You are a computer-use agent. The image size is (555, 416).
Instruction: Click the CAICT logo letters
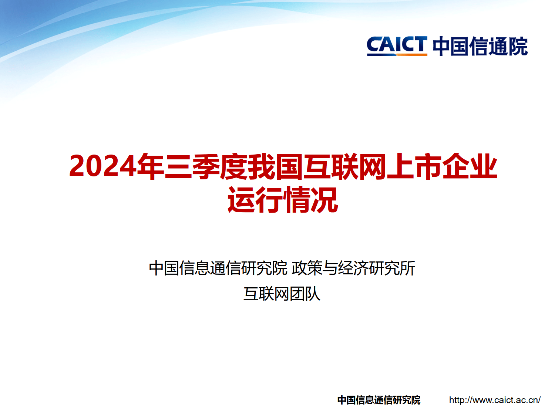(397, 45)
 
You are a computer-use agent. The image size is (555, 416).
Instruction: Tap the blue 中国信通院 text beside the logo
(480, 47)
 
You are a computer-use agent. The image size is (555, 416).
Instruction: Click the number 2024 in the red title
(102, 166)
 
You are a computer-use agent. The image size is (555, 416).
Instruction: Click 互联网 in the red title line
(344, 166)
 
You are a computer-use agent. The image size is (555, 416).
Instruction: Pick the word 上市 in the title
(414, 166)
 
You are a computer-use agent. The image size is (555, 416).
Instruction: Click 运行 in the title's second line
(255, 200)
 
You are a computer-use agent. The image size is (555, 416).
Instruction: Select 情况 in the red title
(310, 200)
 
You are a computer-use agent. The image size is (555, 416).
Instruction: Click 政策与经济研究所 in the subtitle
(353, 268)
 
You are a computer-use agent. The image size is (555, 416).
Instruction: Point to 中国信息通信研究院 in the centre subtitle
(218, 268)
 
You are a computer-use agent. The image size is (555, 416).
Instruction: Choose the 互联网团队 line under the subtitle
(282, 294)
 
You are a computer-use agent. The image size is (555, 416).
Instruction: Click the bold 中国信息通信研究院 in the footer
(379, 400)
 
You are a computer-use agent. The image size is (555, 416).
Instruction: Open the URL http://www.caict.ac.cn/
(495, 400)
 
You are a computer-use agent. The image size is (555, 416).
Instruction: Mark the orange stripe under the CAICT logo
(411, 55)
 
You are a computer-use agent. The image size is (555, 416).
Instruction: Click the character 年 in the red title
(150, 166)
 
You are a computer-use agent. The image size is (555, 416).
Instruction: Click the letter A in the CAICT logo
(386, 45)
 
